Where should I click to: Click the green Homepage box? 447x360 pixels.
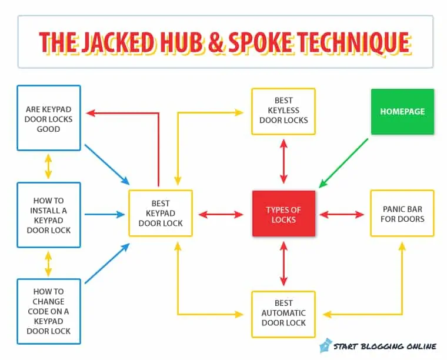[402, 111]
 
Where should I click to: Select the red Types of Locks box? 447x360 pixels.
[283, 215]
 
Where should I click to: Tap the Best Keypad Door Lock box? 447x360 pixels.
[161, 214]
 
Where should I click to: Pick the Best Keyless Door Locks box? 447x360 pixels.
[283, 111]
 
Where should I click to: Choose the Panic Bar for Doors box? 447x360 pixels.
[402, 214]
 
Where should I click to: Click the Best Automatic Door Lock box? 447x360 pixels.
[283, 314]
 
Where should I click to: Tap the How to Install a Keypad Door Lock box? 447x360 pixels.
[48, 215]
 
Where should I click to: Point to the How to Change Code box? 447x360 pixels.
[48, 311]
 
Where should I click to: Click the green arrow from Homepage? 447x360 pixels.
[343, 163]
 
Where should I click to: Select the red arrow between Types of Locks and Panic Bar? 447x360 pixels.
[342, 215]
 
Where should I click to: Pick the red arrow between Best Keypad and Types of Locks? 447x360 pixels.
[221, 215]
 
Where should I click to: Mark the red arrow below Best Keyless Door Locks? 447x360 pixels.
[283, 161]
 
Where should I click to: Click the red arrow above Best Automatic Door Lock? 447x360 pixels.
[283, 263]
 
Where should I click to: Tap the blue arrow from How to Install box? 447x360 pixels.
[106, 215]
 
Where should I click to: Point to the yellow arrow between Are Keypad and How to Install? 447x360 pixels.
[48, 166]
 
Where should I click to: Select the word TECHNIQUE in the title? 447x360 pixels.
[353, 42]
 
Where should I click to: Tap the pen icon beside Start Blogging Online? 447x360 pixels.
[325, 345]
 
